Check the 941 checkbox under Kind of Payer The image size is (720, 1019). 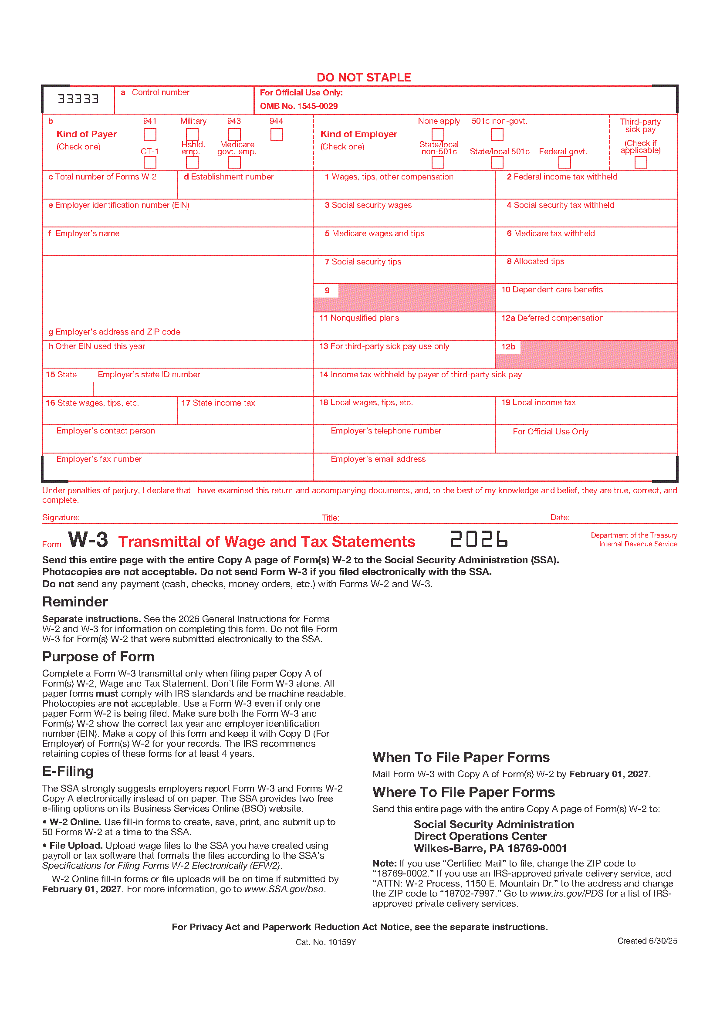tap(150, 134)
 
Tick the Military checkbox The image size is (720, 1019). tap(192, 134)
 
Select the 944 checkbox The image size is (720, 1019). tap(277, 134)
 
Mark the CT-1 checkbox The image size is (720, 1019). tap(150, 162)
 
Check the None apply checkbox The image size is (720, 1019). tap(438, 134)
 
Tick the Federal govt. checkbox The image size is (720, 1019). tap(565, 162)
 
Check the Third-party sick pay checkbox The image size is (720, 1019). tap(641, 162)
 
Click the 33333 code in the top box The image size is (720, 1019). tap(78, 99)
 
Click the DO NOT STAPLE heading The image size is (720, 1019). tap(364, 78)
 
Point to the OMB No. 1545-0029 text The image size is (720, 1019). tap(298, 106)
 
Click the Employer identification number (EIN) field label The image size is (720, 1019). tap(119, 205)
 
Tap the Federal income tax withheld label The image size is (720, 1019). tap(562, 176)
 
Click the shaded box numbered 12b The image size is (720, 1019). tap(585, 354)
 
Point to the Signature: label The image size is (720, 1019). tap(61, 518)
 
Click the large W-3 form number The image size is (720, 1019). tap(88, 540)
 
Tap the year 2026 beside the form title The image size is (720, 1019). tap(479, 539)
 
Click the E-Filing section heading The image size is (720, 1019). tap(68, 772)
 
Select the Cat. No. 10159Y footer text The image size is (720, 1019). tap(326, 942)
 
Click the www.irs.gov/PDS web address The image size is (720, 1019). tap(567, 894)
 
